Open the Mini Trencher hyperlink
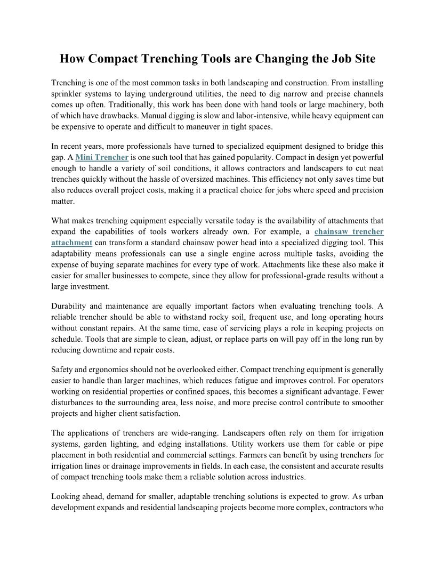click(102, 157)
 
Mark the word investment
click(90, 286)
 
